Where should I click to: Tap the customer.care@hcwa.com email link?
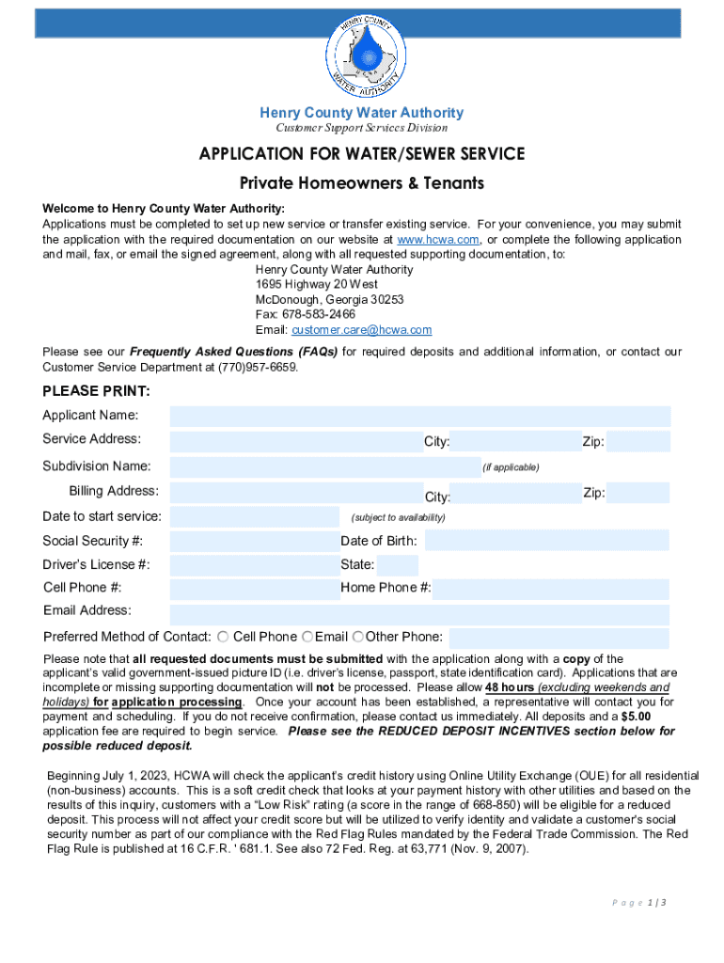point(361,330)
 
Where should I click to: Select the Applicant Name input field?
point(420,416)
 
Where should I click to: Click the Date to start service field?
point(254,516)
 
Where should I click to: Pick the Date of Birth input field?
point(547,541)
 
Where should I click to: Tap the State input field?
point(399,565)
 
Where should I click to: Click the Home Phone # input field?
point(551,589)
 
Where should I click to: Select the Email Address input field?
point(420,614)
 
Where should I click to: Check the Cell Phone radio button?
point(224,638)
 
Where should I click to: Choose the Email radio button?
point(307,638)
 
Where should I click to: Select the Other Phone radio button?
point(358,638)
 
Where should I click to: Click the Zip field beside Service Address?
point(637,441)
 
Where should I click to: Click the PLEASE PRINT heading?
point(96,391)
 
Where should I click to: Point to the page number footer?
point(642,903)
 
